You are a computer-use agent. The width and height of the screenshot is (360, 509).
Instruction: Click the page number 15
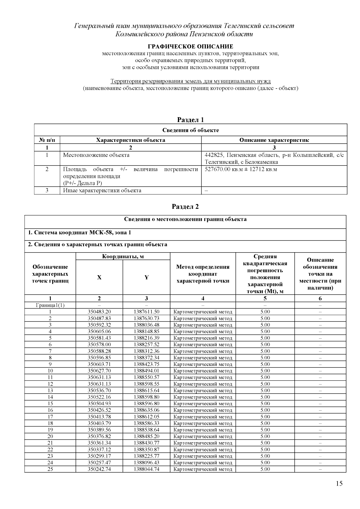(339, 483)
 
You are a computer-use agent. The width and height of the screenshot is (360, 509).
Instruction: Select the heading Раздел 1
(190, 120)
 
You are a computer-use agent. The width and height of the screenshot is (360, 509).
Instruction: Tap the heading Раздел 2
(185, 207)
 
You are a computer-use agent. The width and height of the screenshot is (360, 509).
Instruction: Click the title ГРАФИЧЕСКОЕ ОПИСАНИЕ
(190, 46)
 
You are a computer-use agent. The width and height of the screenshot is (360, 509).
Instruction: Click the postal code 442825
(214, 155)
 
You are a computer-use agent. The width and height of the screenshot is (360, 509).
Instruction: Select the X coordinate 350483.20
(99, 312)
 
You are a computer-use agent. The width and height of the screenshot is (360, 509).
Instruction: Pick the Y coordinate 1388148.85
(146, 331)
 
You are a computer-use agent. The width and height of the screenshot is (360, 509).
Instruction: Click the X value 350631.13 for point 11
(99, 377)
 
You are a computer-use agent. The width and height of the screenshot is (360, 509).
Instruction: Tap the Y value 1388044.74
(146, 469)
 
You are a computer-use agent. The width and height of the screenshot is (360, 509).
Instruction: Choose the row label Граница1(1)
(50, 305)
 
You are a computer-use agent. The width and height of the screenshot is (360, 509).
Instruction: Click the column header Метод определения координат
(203, 274)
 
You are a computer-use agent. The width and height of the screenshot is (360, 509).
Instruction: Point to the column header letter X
(99, 277)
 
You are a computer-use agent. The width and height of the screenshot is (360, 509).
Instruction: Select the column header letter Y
(146, 277)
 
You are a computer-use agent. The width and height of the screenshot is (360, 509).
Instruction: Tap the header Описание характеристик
(274, 140)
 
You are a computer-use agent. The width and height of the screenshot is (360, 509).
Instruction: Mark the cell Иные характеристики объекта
(102, 190)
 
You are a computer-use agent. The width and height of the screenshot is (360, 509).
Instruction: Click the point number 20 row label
(50, 436)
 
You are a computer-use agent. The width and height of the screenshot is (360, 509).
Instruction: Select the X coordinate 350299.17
(99, 456)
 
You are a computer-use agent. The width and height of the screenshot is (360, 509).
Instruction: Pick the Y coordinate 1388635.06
(146, 410)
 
